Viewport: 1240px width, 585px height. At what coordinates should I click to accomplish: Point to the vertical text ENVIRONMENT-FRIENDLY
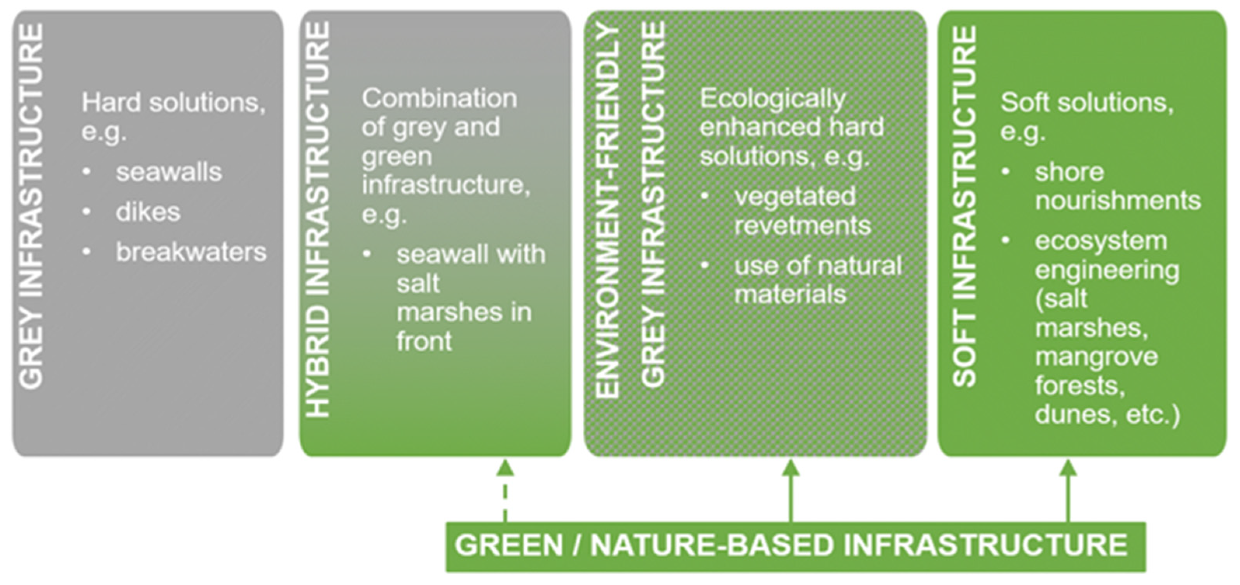coord(607,212)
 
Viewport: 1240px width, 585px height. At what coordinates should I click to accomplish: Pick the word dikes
coord(148,212)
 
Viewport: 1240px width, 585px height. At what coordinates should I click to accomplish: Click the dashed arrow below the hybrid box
coord(505,491)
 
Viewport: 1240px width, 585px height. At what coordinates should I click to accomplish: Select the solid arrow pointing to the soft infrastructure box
coord(1068,491)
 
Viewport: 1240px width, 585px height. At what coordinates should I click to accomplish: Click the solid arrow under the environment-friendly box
coord(790,491)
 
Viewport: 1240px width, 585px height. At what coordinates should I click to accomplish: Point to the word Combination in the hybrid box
coord(439,99)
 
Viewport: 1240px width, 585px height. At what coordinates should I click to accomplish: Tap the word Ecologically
coord(772,99)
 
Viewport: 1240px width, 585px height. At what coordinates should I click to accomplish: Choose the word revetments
coord(802,226)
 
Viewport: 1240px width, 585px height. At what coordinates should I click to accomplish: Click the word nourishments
coord(1118,200)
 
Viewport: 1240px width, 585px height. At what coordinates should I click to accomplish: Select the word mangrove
coord(1096,357)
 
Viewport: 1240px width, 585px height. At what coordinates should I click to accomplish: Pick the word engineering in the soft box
coord(1107,270)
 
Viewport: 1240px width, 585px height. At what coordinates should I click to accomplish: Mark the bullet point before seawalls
coord(87,172)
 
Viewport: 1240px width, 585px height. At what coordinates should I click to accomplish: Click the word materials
coord(790,294)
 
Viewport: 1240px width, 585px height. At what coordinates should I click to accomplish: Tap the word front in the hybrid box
coord(424,341)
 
